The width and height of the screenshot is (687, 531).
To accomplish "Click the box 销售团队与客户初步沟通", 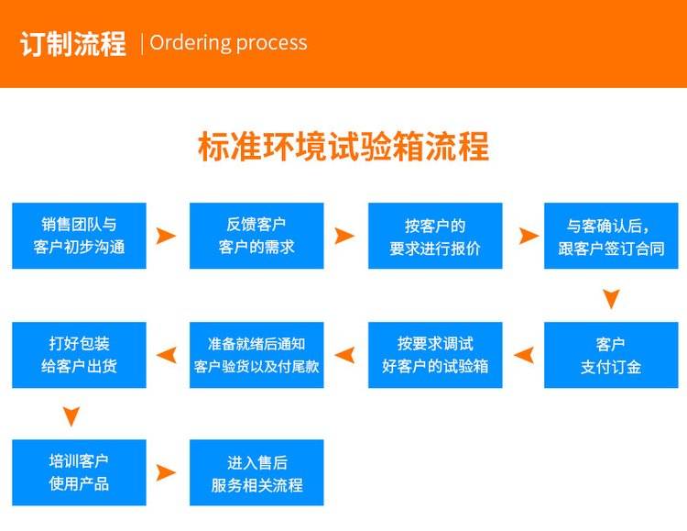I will click(x=79, y=236).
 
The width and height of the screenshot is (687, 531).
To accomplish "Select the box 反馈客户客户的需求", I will click(x=256, y=236).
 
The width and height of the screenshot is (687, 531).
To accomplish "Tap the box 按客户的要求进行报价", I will click(x=434, y=236).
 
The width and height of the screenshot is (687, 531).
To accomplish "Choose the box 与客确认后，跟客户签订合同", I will click(x=610, y=236).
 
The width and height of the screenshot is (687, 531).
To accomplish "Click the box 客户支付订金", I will click(x=610, y=355).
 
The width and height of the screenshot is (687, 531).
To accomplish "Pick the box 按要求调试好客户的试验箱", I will click(x=434, y=355).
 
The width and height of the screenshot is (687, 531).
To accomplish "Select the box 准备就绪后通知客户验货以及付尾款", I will click(x=256, y=355).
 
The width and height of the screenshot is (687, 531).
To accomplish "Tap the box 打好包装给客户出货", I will click(x=79, y=355).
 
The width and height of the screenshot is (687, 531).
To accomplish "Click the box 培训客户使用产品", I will click(x=79, y=472).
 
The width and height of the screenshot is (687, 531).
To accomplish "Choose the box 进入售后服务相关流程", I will click(x=256, y=472).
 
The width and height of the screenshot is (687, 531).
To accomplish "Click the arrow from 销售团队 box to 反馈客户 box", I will click(x=166, y=236).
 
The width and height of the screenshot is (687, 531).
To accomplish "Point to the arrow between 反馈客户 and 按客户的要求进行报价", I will click(x=344, y=236).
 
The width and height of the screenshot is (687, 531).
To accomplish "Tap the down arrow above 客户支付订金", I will click(x=611, y=298).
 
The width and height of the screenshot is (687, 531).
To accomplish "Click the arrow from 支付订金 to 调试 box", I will click(x=523, y=355).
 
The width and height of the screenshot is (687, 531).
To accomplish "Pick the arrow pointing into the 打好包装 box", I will click(x=167, y=355).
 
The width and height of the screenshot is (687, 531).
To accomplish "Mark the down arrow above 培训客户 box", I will click(x=72, y=416).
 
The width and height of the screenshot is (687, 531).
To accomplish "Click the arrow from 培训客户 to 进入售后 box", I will click(x=166, y=472).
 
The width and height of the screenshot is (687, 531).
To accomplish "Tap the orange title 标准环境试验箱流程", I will click(x=343, y=147).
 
